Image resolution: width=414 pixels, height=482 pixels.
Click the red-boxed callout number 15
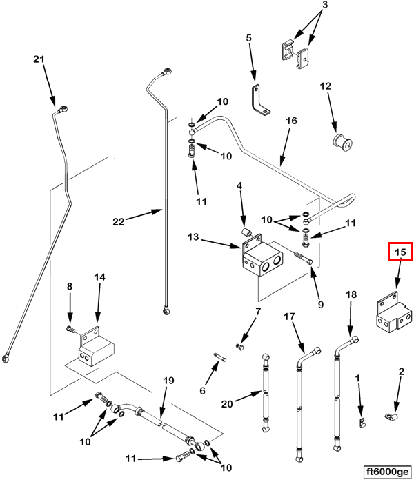click(400, 253)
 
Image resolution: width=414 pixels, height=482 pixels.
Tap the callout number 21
click(39, 60)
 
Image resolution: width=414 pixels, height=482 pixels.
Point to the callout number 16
click(291, 121)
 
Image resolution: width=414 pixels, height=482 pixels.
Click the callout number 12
click(326, 86)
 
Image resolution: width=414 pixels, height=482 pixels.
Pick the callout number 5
click(250, 39)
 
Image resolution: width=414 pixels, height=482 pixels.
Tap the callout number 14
click(99, 277)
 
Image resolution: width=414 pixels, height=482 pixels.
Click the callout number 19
click(168, 381)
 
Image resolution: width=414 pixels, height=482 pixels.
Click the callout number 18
click(351, 294)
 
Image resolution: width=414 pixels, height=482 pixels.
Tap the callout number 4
click(239, 186)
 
